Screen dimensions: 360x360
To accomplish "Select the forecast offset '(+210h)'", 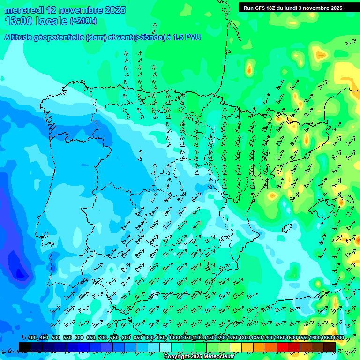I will (83, 21).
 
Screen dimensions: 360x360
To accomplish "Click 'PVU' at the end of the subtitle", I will (192, 37).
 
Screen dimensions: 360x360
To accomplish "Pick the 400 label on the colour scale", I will (32, 338).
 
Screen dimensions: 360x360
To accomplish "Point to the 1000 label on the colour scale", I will (174, 338).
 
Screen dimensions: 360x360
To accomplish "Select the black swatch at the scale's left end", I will (25, 347).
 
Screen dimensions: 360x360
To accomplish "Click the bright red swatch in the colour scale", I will (283, 347).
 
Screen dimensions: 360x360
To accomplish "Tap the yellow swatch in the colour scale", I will (236, 347).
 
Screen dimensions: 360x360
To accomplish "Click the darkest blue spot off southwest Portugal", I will (20, 272).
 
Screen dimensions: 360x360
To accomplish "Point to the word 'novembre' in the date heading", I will (83, 10).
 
